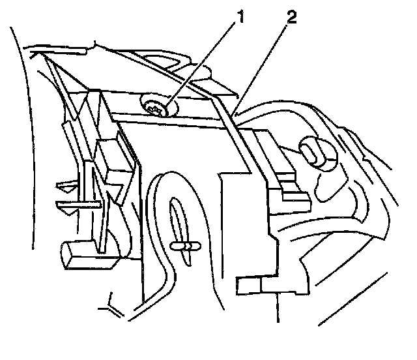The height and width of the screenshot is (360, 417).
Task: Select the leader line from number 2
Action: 262,65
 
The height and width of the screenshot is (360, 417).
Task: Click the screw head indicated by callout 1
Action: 156,108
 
